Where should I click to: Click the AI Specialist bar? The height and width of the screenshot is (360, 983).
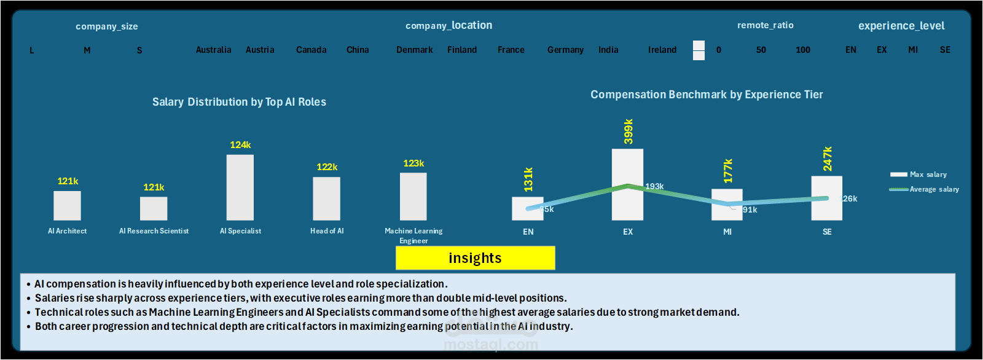(240, 187)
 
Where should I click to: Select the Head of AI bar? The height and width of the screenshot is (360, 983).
(326, 198)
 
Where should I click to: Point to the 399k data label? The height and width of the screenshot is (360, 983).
(628, 131)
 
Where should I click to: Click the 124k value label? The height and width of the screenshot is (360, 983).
(240, 145)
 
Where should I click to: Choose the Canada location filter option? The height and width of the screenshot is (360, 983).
(311, 50)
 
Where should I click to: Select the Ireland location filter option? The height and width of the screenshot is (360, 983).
(662, 50)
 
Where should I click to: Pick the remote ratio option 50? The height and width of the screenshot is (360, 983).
(761, 50)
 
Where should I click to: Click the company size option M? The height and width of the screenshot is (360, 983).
(87, 50)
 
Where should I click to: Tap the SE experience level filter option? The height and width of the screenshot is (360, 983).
(945, 50)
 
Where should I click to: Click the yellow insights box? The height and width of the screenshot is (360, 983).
(475, 258)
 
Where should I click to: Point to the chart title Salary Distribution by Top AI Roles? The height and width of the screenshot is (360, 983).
(239, 102)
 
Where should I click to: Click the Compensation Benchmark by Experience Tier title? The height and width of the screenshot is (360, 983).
(707, 95)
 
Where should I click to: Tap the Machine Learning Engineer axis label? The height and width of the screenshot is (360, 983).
(413, 235)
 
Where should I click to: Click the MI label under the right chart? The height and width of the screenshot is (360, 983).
(727, 232)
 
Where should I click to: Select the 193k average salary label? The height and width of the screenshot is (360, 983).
(654, 186)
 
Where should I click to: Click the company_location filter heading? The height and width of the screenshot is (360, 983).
(448, 25)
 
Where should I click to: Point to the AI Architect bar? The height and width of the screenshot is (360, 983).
(67, 205)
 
